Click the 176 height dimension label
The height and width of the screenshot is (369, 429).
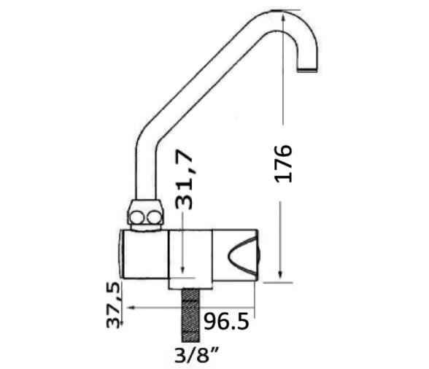pyautogui.click(x=283, y=163)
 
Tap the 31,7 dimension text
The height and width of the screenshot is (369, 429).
pyautogui.click(x=185, y=179)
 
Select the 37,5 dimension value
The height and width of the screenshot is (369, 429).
pyautogui.click(x=113, y=305)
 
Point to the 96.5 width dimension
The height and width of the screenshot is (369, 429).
pyautogui.click(x=226, y=322)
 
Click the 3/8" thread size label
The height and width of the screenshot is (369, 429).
pyautogui.click(x=196, y=354)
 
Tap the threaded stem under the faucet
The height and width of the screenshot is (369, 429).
pyautogui.click(x=190, y=315)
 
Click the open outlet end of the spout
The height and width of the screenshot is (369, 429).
pyautogui.click(x=307, y=70)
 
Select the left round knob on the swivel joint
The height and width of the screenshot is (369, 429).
pyautogui.click(x=136, y=218)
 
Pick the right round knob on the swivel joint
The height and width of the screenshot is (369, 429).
pyautogui.click(x=154, y=217)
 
